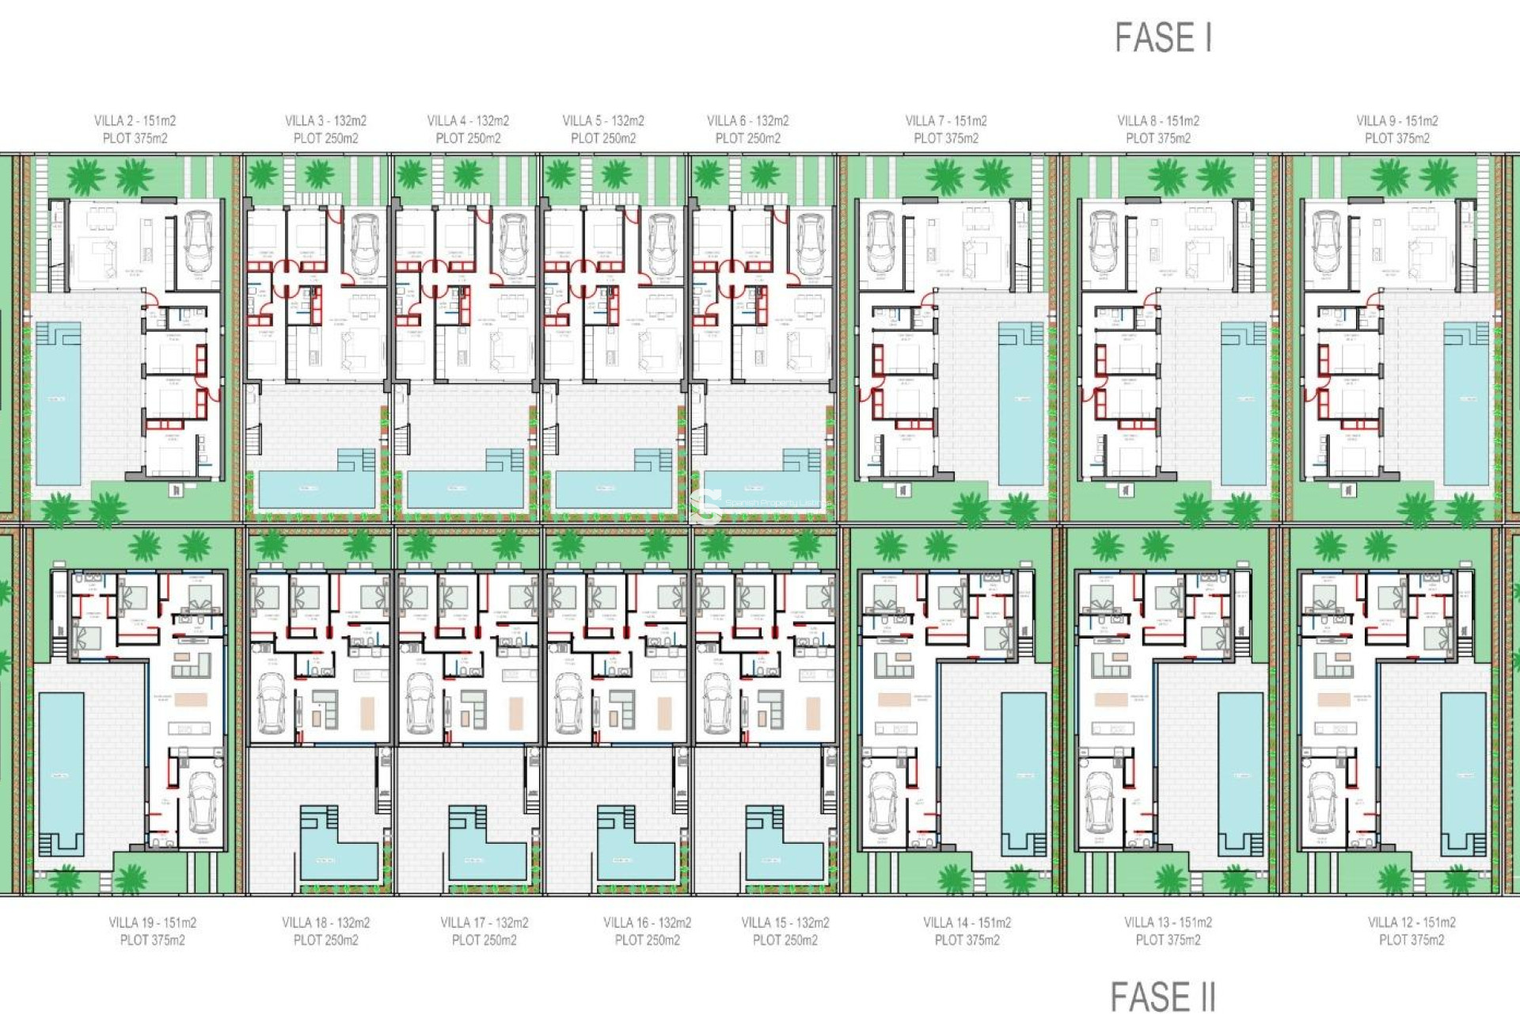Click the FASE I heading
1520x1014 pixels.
tap(1163, 38)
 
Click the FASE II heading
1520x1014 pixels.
tap(1162, 996)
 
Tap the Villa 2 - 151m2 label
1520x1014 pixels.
tap(135, 120)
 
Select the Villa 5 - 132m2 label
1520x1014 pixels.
tap(603, 120)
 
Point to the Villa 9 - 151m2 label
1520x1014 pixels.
tap(1396, 120)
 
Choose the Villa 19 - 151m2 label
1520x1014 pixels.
tap(152, 922)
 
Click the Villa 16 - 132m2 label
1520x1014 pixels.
tap(647, 922)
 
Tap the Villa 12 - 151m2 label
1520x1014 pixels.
tap(1412, 922)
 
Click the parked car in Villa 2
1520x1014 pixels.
tap(198, 241)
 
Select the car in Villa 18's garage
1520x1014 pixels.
tap(272, 704)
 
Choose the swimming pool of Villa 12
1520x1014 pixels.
tap(1463, 772)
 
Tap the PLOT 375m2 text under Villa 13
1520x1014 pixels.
tap(1168, 940)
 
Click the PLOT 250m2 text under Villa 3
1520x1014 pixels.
tap(325, 139)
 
